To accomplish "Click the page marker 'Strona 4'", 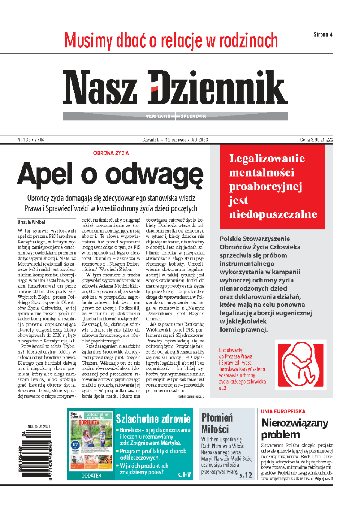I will click(323, 34).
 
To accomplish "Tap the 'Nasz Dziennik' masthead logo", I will click(175, 88).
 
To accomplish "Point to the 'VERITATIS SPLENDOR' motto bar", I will click(175, 116).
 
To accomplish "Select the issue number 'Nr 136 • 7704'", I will click(31, 140).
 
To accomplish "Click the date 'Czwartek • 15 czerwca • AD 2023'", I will click(175, 140).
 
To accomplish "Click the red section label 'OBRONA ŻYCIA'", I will click(111, 153).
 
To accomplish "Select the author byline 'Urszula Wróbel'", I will click(31, 222).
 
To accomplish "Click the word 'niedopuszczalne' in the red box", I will click(273, 214).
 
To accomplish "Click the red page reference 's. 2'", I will click(223, 388).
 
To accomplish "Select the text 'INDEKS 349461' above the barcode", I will click(38, 426).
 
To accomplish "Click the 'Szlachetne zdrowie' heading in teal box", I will click(153, 418).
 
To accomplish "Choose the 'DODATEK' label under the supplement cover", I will click(91, 475).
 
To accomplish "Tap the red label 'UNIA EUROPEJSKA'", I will click(283, 411).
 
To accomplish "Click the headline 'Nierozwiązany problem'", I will click(294, 429).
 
